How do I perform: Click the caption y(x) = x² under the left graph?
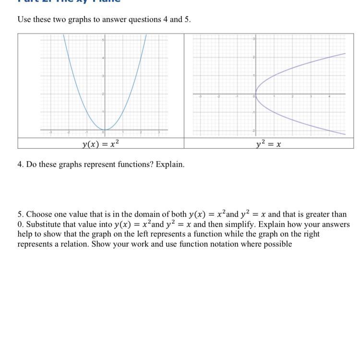[x=100, y=144]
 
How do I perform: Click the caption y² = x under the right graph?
[x=268, y=144]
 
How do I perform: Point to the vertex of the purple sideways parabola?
[x=256, y=94]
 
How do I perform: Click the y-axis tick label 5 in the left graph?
[x=102, y=40]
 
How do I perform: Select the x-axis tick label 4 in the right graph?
[x=329, y=96]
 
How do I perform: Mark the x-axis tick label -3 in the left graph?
[x=51, y=132]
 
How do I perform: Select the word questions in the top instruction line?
[x=143, y=20]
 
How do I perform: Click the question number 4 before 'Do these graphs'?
[x=20, y=164]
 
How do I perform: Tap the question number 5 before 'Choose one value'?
[x=20, y=215]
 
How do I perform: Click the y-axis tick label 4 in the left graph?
[x=102, y=58]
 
